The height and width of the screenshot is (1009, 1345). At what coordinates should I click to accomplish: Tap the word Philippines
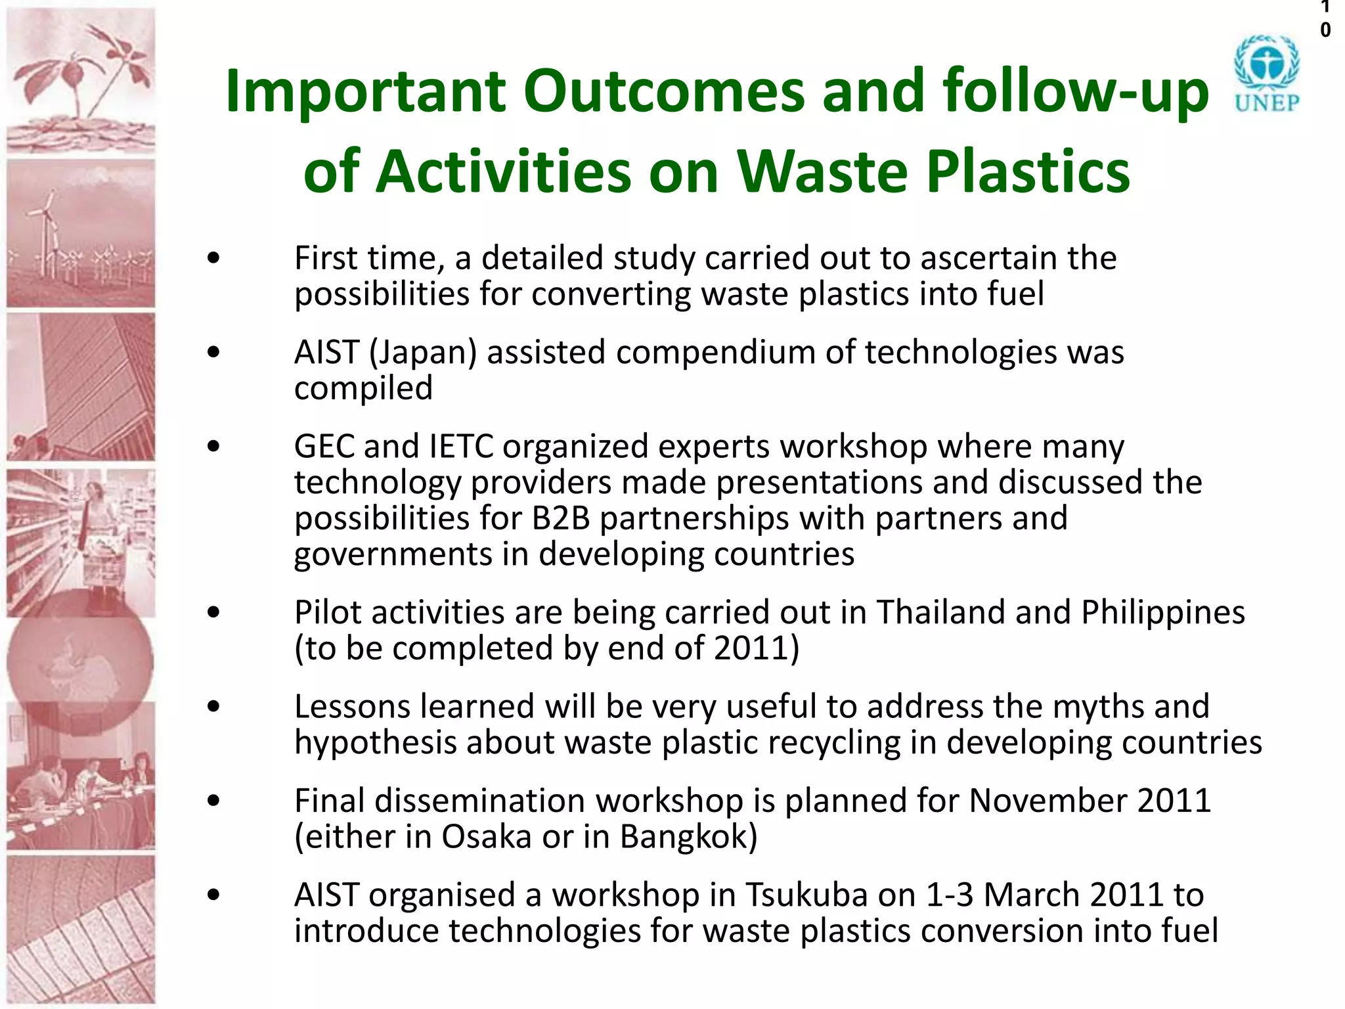tap(1162, 612)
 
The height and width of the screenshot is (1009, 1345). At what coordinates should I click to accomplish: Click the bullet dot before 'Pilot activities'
tap(213, 613)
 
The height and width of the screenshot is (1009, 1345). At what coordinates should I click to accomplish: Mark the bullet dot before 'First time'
tap(213, 258)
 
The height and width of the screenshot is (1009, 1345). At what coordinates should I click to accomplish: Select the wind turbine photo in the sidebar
tap(81, 233)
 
